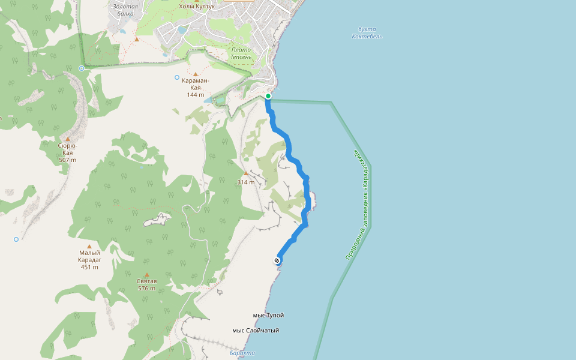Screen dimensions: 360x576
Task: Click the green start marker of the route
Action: coord(268,96)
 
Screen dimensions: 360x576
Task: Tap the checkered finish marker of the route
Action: coord(277,260)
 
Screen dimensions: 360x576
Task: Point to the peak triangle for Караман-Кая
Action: coord(195,74)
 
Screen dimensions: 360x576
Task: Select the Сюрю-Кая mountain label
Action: coord(68,152)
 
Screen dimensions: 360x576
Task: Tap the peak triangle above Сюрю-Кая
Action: coord(68,139)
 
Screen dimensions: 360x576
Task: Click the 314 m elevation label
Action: coord(246,182)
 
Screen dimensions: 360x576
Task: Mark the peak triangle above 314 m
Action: coord(246,173)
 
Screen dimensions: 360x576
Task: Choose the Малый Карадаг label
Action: coord(89,259)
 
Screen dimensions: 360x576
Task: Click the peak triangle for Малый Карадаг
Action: coord(89,246)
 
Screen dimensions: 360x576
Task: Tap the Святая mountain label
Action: coord(146,284)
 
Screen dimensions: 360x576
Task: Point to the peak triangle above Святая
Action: coord(146,275)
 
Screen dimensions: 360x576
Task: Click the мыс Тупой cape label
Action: coord(268,316)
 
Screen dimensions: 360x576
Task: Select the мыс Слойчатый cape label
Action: coord(256,331)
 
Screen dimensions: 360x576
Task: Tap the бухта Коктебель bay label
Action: coord(367,33)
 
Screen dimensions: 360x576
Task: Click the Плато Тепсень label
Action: coord(245,53)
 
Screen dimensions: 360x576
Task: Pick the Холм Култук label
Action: coord(197,7)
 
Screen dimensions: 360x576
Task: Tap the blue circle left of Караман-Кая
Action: coord(176,77)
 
